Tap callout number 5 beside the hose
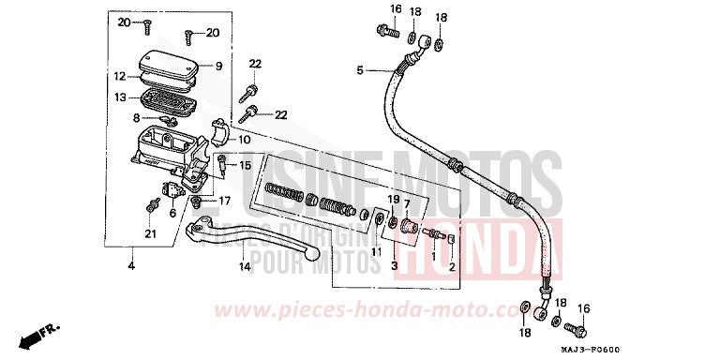[359, 70]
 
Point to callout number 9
[217, 66]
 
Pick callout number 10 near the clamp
[245, 140]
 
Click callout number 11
[376, 251]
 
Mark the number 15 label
[245, 165]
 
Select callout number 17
[224, 200]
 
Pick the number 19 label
[394, 200]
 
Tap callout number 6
[172, 213]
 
